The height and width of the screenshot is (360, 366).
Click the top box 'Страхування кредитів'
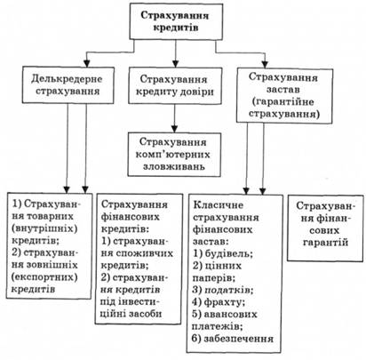176,21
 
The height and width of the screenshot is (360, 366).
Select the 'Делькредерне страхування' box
68,85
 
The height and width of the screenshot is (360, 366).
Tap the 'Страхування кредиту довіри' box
175,85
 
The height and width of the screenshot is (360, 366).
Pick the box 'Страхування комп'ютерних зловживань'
174,155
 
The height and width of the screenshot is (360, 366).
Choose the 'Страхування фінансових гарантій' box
325,228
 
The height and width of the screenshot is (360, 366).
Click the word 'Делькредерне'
67,79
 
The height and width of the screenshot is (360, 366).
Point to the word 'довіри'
196,92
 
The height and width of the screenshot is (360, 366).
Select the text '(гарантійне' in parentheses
284,101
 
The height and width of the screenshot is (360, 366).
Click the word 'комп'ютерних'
173,155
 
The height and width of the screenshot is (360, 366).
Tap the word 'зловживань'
174,166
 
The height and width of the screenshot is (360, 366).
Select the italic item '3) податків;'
223,290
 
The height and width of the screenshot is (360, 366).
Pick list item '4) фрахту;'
219,302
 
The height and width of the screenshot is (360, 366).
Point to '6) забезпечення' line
233,339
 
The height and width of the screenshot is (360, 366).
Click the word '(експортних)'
44,277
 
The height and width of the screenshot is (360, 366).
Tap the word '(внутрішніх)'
44,228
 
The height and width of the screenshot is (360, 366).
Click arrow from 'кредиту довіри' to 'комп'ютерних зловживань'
174,118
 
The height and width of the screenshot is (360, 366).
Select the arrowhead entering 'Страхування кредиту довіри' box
176,64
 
